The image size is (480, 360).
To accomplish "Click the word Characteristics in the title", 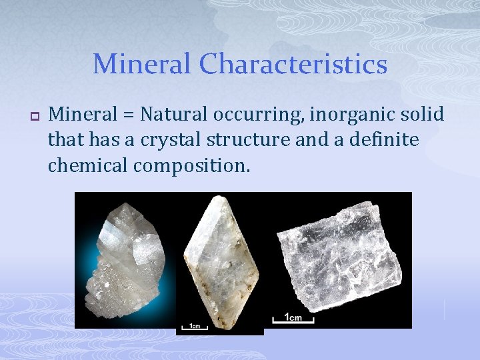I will tap(293, 65).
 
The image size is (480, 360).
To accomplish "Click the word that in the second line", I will tap(63, 139).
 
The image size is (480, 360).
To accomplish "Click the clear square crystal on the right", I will tap(339, 256).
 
